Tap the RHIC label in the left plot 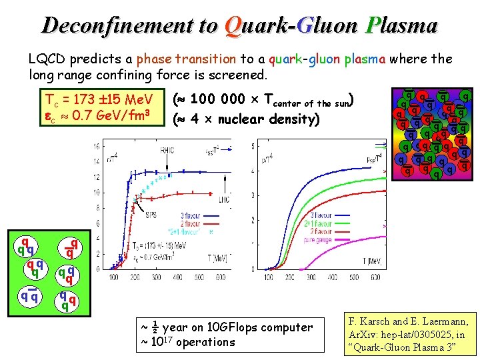167,151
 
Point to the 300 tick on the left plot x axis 155,276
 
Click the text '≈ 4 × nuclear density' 247,119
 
